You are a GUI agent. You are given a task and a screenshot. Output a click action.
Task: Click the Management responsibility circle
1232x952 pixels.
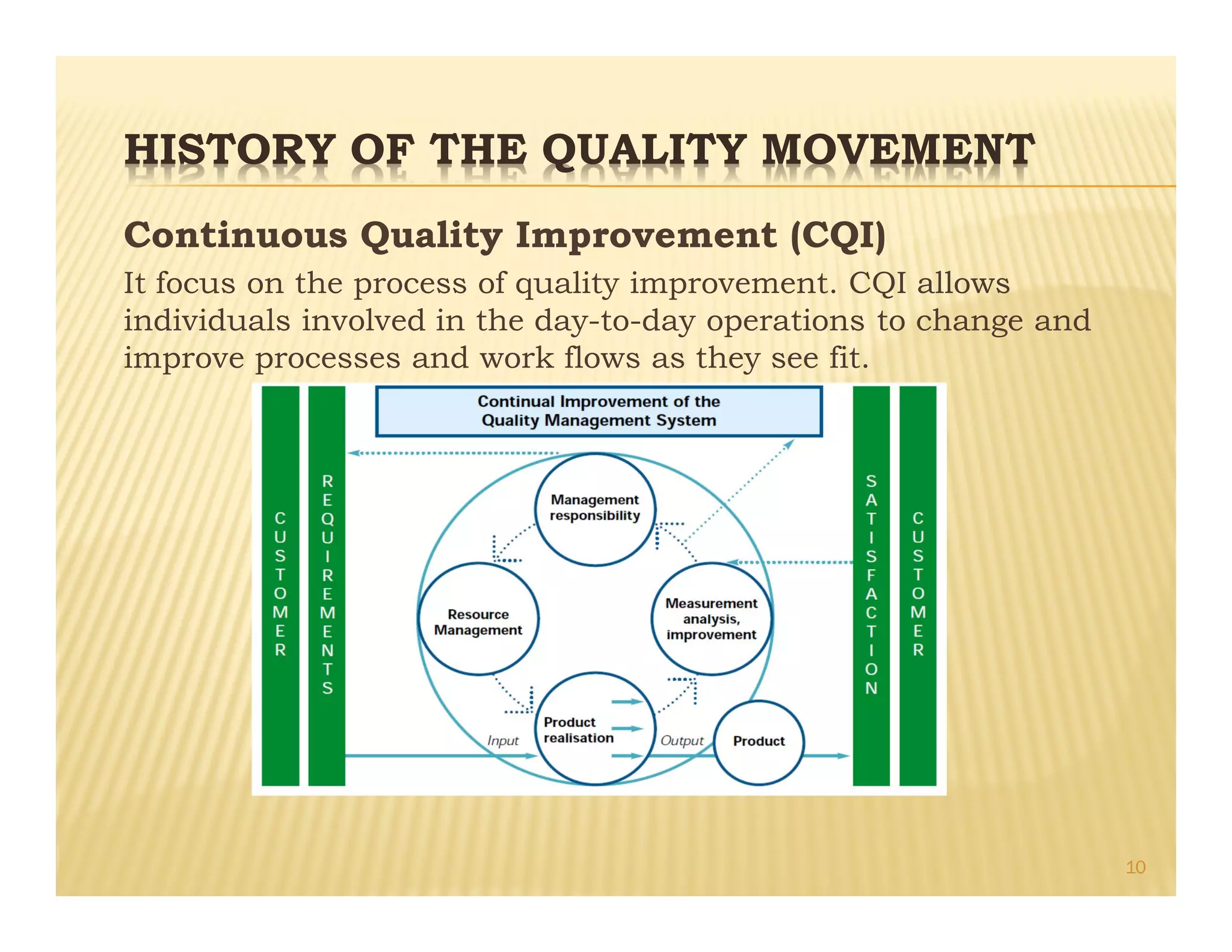pyautogui.click(x=595, y=509)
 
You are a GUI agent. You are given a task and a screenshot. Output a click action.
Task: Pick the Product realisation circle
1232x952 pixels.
pyautogui.click(x=595, y=729)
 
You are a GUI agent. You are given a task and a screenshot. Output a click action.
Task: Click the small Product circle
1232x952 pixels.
pyautogui.click(x=759, y=741)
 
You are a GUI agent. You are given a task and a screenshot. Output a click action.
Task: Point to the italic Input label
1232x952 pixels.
pyautogui.click(x=503, y=741)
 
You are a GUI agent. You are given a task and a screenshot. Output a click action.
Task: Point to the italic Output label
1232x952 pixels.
pyautogui.click(x=682, y=741)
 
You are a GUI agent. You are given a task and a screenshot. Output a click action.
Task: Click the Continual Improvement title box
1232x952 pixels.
pyautogui.click(x=599, y=411)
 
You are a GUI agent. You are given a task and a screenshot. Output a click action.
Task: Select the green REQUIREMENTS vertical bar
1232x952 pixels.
pyautogui.click(x=327, y=585)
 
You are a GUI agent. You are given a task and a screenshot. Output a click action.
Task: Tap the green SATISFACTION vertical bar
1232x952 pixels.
pyautogui.click(x=871, y=585)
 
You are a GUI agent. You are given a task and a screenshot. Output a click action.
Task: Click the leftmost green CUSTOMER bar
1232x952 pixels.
pyautogui.click(x=280, y=585)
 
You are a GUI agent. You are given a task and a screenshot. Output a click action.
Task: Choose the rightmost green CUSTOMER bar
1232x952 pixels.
pyautogui.click(x=917, y=585)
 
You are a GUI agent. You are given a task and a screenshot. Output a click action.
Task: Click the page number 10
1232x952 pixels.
pyautogui.click(x=1135, y=867)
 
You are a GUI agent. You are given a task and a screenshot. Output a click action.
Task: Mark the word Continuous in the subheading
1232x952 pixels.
pyautogui.click(x=236, y=235)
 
